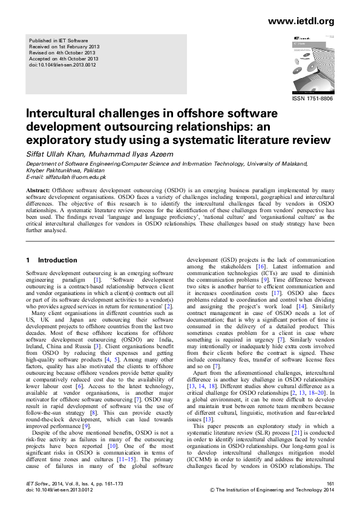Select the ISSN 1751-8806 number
(312, 98)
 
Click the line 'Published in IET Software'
(60, 40)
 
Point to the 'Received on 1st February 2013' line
(64, 46)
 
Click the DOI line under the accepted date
(64, 64)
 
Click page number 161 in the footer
(330, 484)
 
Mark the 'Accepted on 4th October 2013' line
(64, 58)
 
